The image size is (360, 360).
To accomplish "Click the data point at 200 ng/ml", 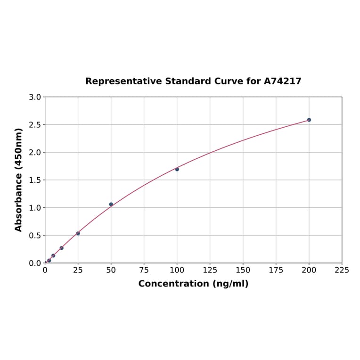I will [309, 120].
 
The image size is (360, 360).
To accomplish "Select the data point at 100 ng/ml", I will [177, 169].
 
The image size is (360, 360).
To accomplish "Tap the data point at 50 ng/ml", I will [111, 204].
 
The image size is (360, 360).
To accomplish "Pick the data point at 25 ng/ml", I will [78, 233].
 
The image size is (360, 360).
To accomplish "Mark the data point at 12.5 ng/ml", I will [62, 248].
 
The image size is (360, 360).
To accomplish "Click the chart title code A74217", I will [282, 81].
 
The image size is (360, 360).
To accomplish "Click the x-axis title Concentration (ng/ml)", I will [193, 284].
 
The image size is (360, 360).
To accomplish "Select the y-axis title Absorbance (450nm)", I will [19, 180].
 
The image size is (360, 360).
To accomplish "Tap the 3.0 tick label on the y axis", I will [35, 97].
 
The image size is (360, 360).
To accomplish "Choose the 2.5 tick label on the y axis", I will [35, 125].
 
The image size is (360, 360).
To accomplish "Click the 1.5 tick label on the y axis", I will [35, 180].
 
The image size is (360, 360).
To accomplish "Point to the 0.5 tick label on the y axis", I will [35, 235].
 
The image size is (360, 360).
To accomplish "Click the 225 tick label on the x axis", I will [342, 270].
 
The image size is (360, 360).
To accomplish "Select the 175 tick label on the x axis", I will [276, 270].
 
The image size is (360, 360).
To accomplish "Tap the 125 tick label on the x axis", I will [210, 270].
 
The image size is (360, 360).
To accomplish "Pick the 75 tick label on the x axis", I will [144, 270].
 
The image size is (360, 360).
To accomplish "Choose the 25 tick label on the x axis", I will [78, 270].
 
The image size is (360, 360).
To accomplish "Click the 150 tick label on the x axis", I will [243, 270].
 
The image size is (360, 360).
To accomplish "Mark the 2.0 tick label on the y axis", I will [35, 152].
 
